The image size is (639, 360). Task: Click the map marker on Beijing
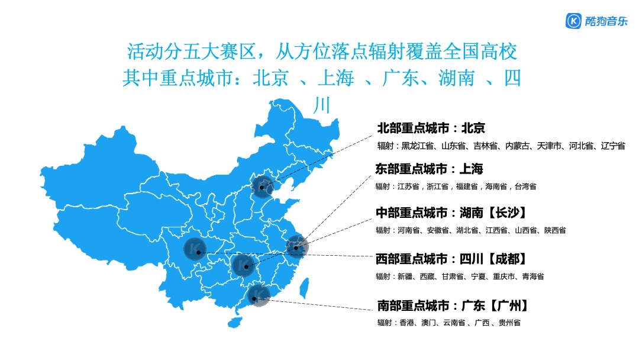click(262, 187)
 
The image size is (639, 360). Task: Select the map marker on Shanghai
click(296, 247)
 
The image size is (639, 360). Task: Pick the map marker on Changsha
click(244, 266)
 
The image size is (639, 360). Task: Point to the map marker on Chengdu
click(196, 250)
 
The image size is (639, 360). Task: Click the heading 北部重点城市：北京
click(431, 128)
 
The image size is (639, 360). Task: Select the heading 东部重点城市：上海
click(429, 169)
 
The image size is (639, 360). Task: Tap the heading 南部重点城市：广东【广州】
click(452, 306)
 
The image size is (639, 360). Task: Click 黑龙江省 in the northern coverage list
click(418, 146)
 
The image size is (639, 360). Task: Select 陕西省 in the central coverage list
click(554, 230)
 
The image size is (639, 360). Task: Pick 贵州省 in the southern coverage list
click(509, 323)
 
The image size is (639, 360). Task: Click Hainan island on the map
click(235, 322)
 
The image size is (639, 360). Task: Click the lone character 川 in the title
click(320, 105)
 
